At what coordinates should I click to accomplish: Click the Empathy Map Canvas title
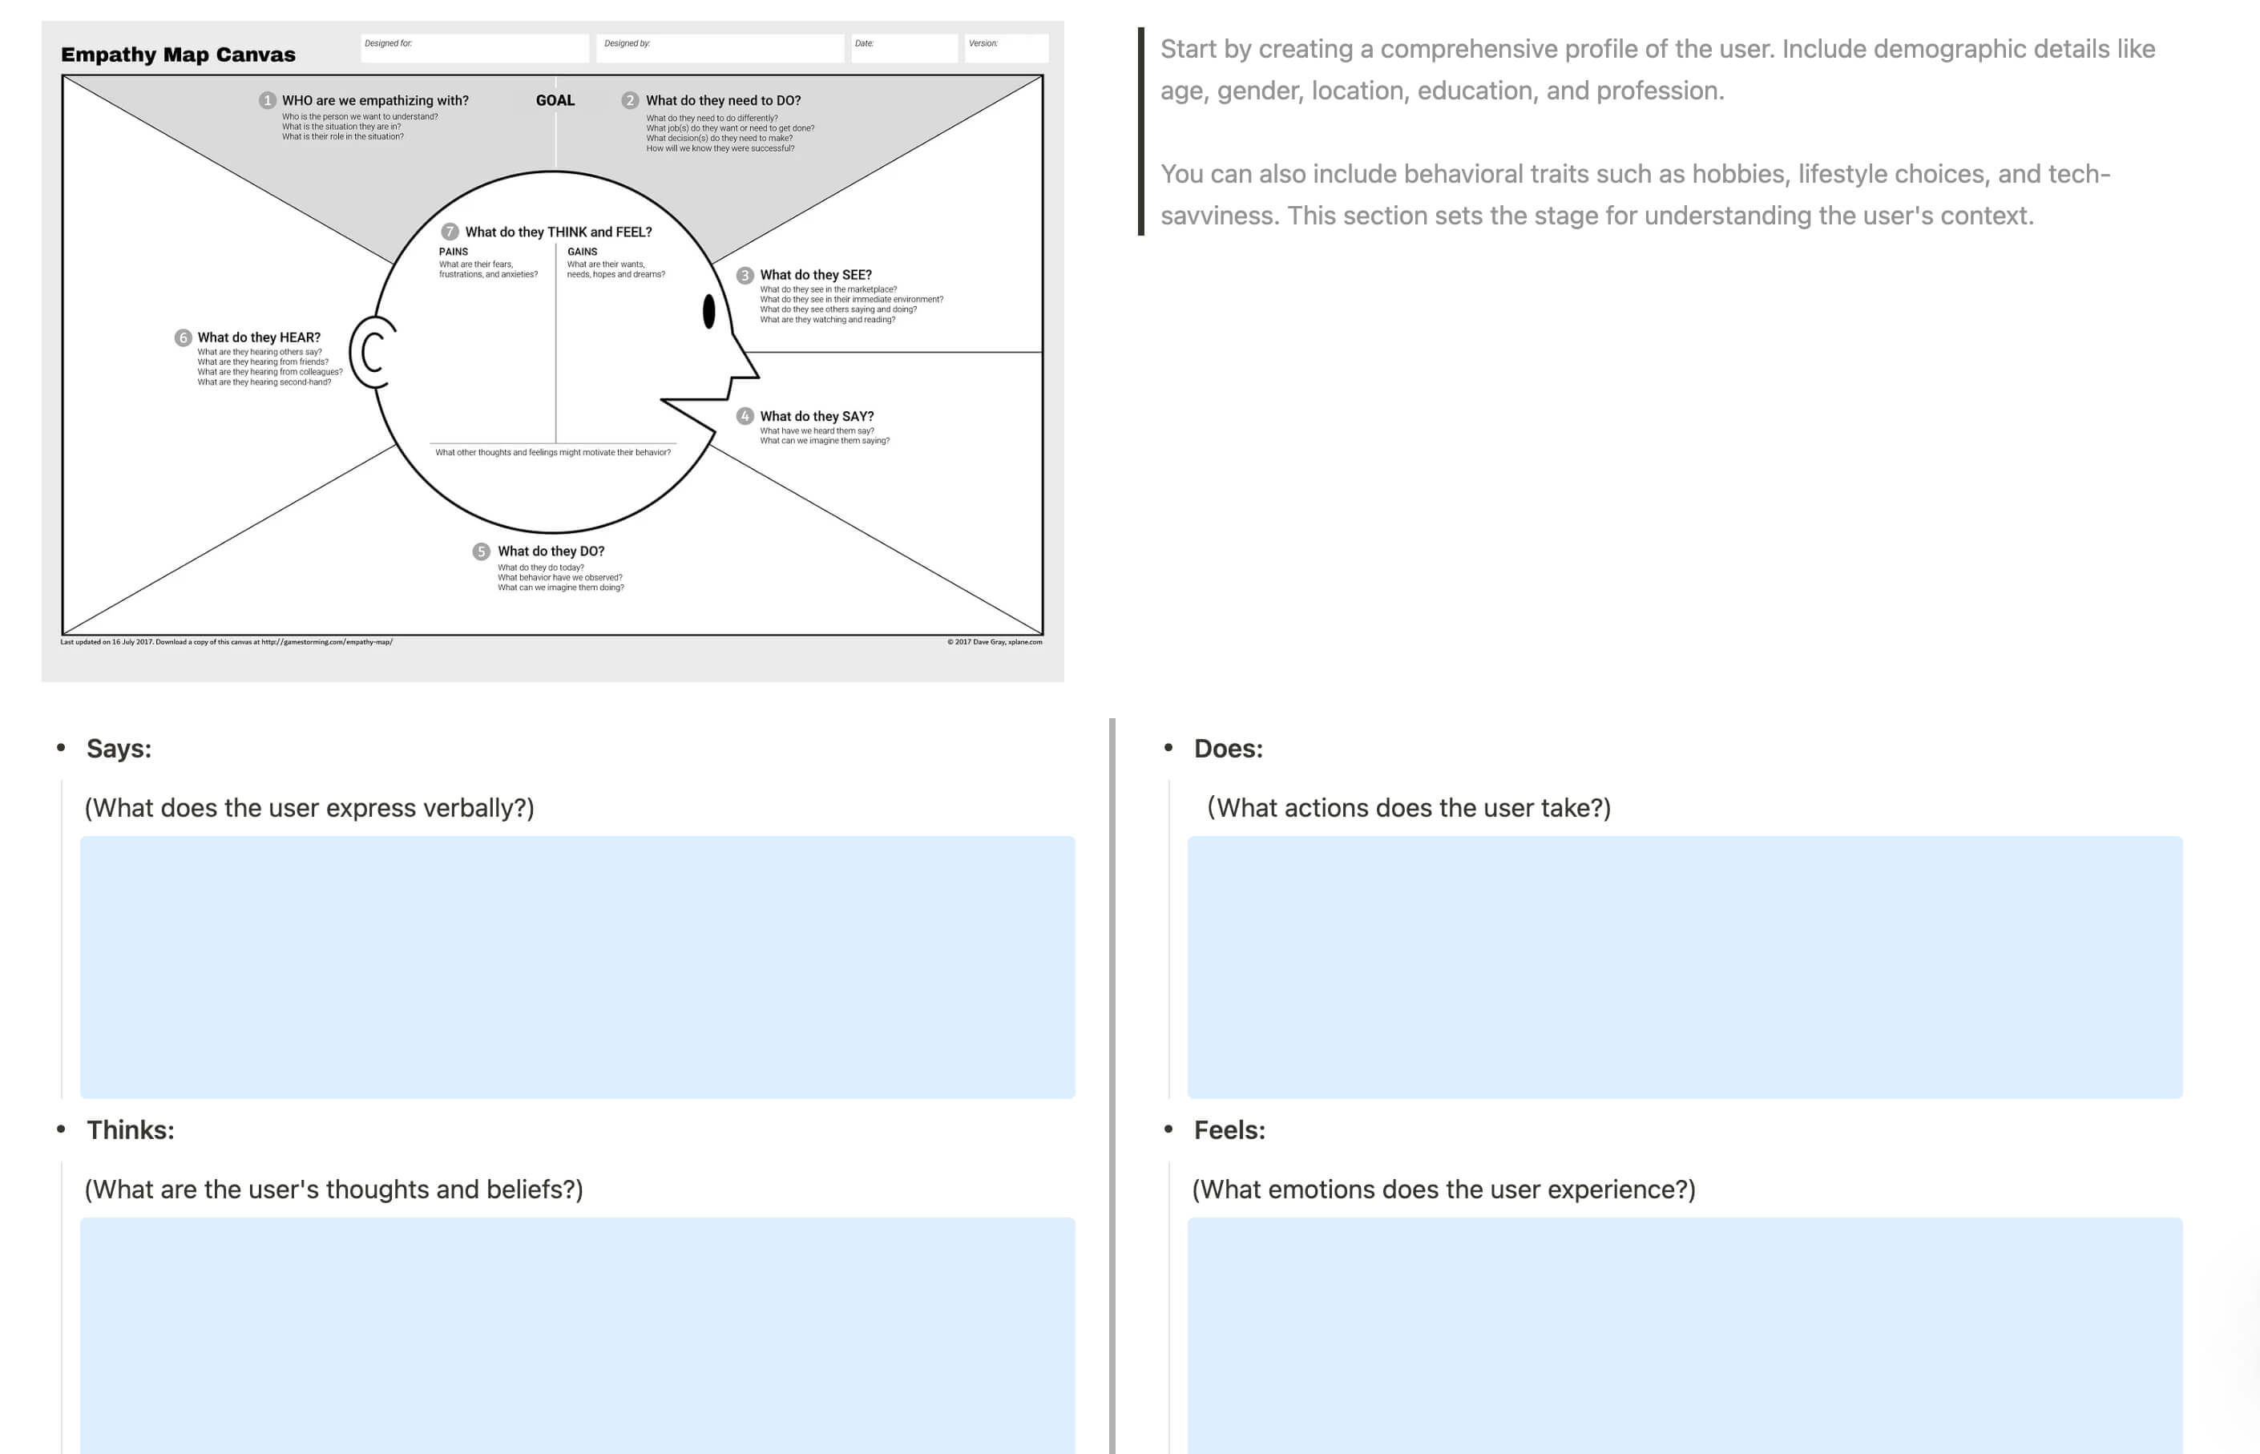tap(177, 55)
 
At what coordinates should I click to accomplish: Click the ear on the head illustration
tap(372, 352)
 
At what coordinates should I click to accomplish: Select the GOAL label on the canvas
tap(555, 100)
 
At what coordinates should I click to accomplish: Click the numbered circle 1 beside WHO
tap(267, 100)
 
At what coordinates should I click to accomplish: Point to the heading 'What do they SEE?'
tap(816, 275)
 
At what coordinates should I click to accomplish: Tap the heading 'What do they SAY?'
tap(817, 416)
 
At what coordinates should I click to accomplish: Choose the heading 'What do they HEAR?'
tap(259, 337)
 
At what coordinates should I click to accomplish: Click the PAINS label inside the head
tap(453, 252)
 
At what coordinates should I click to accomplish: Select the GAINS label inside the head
tap(582, 252)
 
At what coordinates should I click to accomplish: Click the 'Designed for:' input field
tap(475, 48)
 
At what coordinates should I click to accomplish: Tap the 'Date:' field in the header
tap(903, 48)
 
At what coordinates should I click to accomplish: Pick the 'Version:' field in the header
tap(1006, 48)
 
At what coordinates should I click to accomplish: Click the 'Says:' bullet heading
tap(119, 748)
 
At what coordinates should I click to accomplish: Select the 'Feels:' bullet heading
tap(1229, 1129)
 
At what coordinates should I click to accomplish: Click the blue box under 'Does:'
tap(1684, 967)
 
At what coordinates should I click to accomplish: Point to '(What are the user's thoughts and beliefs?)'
tap(333, 1189)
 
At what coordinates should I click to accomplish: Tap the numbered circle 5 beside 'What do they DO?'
tap(482, 551)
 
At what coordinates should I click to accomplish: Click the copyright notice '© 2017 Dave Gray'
tap(994, 642)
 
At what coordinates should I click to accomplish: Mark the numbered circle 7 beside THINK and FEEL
tap(450, 232)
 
